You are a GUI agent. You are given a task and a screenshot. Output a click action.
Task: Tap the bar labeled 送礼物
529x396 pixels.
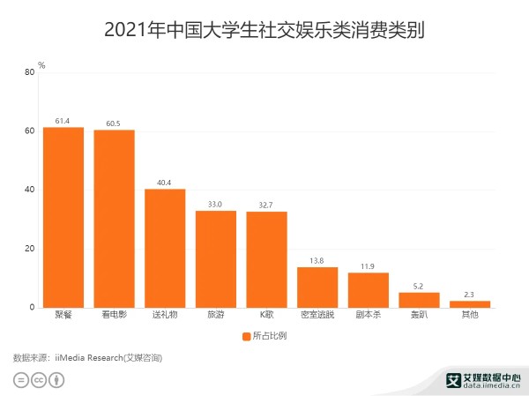point(165,248)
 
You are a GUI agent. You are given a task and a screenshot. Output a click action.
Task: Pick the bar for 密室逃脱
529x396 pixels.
point(317,287)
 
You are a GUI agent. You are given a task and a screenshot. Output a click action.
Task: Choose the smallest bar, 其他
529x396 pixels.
point(470,304)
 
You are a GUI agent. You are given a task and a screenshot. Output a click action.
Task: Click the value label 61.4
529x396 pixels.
point(63,121)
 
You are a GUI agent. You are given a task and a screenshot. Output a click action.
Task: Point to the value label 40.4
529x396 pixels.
point(165,183)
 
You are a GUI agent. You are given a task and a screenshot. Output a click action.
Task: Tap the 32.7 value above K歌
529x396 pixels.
point(266,205)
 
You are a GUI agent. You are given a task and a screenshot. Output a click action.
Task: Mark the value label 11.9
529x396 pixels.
point(369,266)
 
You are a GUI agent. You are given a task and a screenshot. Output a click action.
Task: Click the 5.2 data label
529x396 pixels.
point(419,286)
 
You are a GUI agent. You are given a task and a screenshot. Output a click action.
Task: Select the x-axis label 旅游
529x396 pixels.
point(216,315)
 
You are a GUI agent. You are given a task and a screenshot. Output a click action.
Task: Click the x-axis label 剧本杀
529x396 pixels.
point(369,315)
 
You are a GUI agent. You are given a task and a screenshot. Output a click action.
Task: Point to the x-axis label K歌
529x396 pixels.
point(266,315)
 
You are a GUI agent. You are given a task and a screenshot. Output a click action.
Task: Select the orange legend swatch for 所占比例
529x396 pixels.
point(245,336)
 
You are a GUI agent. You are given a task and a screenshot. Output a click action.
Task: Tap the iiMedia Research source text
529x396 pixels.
point(107,357)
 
